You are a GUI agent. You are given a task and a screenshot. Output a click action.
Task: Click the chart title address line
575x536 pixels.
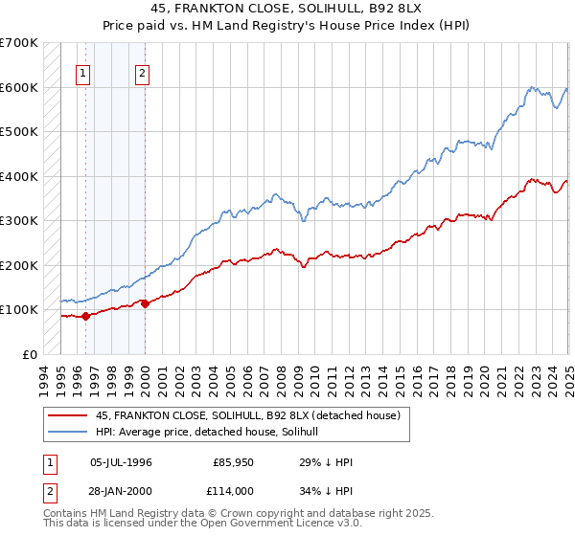click(287, 11)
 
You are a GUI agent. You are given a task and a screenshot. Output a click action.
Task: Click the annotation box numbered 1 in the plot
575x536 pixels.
click(83, 73)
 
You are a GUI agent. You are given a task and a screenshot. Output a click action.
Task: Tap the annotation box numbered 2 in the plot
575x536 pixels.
click(142, 73)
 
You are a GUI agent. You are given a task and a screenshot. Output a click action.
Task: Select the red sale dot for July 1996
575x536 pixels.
click(85, 316)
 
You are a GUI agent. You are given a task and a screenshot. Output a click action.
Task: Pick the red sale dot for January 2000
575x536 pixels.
click(145, 303)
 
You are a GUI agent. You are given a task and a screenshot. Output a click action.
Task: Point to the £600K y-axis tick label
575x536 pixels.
click(19, 87)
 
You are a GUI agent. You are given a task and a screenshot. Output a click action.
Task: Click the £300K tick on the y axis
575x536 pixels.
click(19, 220)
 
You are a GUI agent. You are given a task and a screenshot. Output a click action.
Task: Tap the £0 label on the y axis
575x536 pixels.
click(30, 354)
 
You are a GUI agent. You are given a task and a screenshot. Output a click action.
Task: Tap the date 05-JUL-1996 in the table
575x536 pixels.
click(121, 462)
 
